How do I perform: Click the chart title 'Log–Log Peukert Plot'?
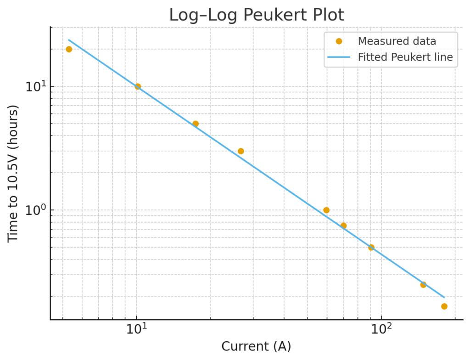[x=256, y=15]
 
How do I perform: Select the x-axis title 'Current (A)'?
[x=256, y=346]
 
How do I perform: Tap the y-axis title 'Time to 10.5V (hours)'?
[x=13, y=174]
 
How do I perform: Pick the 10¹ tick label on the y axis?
[x=33, y=87]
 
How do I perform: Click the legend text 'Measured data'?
[x=397, y=41]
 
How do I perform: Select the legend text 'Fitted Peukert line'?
[x=405, y=57]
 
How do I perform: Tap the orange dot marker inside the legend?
[x=339, y=41]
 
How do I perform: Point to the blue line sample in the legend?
[x=339, y=57]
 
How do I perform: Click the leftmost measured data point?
[x=69, y=49]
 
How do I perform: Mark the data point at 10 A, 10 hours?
[x=138, y=86]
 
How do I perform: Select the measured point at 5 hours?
[x=196, y=124]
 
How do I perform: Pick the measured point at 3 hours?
[x=241, y=151]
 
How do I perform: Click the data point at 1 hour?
[x=326, y=210]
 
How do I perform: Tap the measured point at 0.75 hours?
[x=343, y=226]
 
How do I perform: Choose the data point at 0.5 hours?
[x=371, y=247]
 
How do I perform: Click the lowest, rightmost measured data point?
[x=444, y=306]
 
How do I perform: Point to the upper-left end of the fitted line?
[x=69, y=40]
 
